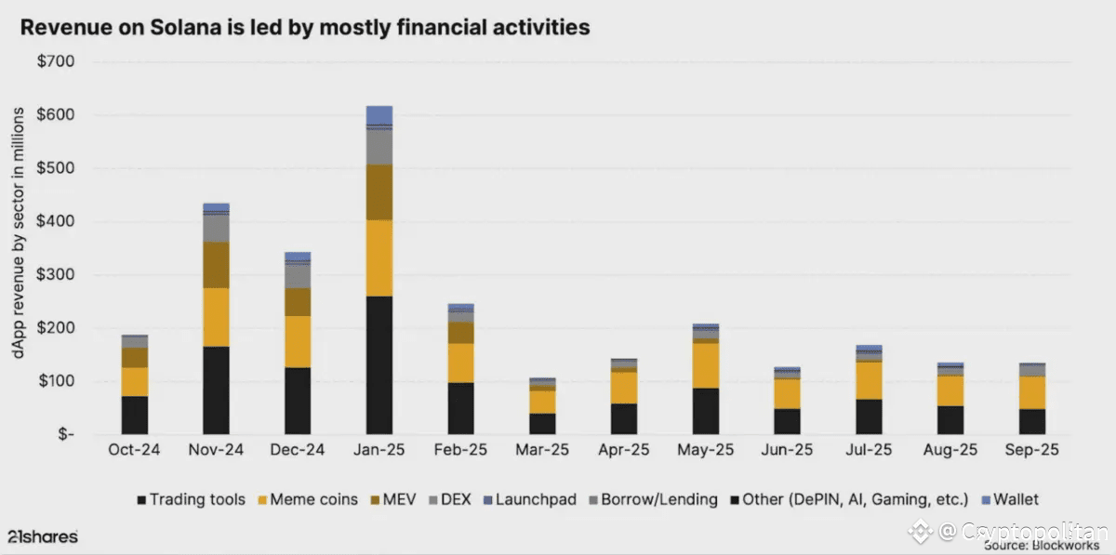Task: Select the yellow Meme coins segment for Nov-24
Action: pyautogui.click(x=216, y=317)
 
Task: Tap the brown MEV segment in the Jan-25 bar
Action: pyautogui.click(x=379, y=192)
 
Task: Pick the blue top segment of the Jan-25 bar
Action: pyautogui.click(x=379, y=114)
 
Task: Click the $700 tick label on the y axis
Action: pyautogui.click(x=56, y=62)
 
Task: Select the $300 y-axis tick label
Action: pyautogui.click(x=56, y=275)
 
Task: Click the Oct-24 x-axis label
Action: pyautogui.click(x=134, y=450)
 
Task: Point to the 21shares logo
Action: pyautogui.click(x=43, y=536)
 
